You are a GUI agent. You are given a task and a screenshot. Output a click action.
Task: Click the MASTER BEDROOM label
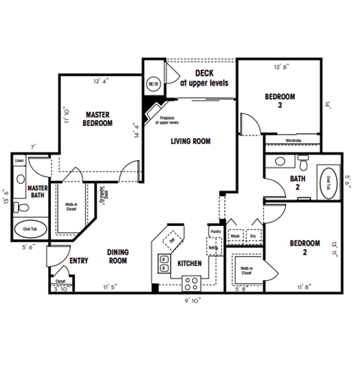97,118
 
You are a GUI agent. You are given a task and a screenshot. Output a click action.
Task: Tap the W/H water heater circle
153,84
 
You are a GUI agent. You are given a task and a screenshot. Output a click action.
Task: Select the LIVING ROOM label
190,140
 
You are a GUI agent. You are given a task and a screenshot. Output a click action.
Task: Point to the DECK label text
205,78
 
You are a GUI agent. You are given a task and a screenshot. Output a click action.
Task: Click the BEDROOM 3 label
280,101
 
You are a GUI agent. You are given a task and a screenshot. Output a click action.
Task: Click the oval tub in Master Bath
31,228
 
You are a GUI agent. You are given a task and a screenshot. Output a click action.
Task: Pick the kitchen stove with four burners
190,283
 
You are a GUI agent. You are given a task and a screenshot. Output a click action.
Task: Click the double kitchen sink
163,263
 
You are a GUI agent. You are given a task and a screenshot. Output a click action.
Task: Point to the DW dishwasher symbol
171,239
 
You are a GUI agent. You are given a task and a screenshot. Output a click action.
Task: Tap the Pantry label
215,232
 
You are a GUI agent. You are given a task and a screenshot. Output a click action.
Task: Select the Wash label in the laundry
235,235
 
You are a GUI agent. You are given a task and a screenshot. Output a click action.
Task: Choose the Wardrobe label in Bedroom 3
294,140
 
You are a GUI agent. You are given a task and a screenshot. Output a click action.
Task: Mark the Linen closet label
19,160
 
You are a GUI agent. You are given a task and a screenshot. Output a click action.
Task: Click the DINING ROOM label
117,257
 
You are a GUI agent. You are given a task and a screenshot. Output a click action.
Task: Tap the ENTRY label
79,261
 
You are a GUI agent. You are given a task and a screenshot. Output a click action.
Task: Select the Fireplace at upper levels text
172,120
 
